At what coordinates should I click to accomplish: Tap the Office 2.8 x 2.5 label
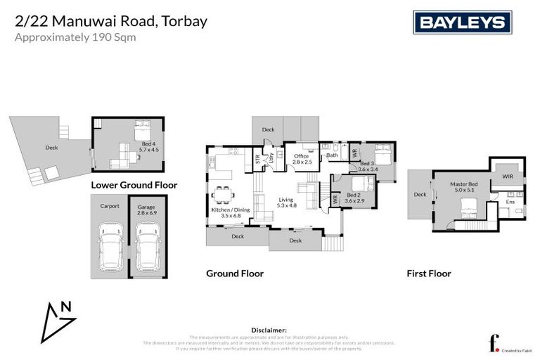(x=302, y=159)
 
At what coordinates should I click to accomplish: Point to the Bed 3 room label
(x=368, y=166)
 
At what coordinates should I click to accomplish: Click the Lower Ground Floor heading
(x=134, y=186)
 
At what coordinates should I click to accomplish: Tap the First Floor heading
(x=429, y=274)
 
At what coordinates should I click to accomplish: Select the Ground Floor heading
(x=234, y=274)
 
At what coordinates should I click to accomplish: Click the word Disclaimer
(x=269, y=330)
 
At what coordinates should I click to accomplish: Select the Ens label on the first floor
(x=510, y=202)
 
